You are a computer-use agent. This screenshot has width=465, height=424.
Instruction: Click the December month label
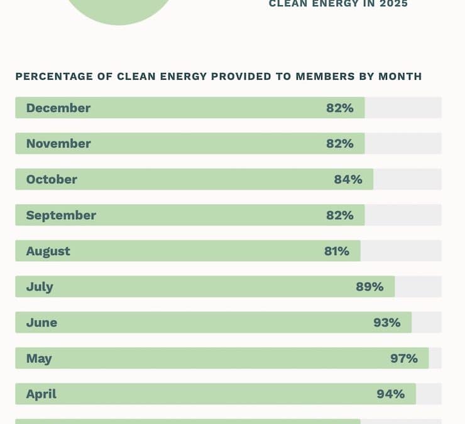click(58, 108)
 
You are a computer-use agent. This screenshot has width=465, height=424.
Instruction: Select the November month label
click(58, 144)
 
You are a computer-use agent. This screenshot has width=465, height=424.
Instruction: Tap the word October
click(52, 180)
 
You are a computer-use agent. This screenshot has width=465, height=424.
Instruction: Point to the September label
click(61, 215)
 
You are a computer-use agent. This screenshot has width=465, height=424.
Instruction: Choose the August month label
click(48, 251)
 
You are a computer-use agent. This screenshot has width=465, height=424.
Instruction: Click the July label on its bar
click(40, 287)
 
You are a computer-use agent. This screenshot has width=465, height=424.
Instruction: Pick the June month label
click(41, 323)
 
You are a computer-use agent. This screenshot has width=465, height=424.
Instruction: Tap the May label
click(39, 359)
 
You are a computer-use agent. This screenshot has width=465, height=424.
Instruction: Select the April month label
click(41, 394)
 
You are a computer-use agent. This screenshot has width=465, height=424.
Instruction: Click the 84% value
click(348, 180)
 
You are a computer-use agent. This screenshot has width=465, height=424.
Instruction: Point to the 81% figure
click(337, 251)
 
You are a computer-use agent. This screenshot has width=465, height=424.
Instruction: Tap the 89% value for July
click(369, 287)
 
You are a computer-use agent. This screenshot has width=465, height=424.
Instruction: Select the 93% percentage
click(386, 323)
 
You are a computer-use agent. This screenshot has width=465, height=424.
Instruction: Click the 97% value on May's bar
click(403, 359)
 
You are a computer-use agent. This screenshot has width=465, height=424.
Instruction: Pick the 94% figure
click(390, 394)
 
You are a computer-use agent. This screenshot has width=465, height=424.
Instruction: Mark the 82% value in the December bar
click(340, 108)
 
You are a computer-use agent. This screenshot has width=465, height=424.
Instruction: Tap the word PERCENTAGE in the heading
click(56, 77)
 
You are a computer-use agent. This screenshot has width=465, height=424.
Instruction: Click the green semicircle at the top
click(119, 9)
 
